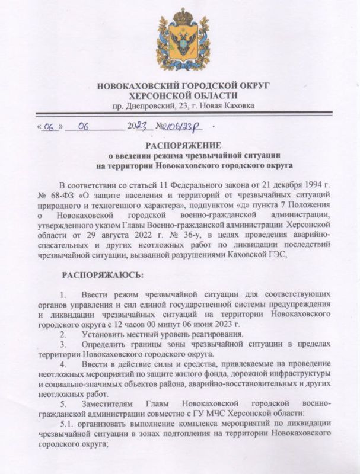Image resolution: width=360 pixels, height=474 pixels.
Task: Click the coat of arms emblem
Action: [x=183, y=43]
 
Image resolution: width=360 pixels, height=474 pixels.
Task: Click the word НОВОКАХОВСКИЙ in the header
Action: [x=140, y=87]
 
